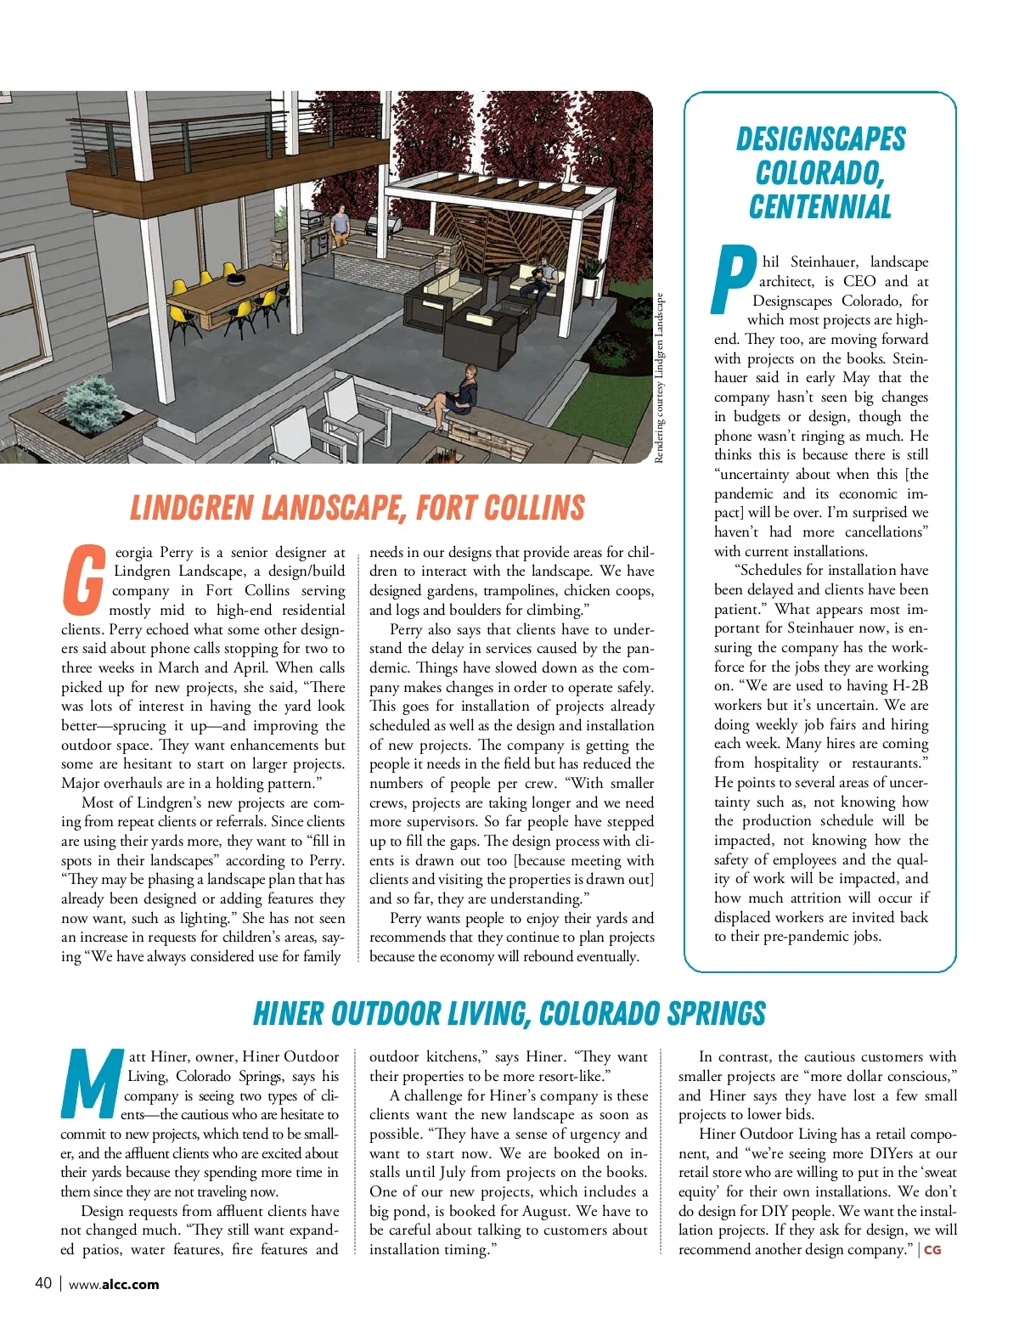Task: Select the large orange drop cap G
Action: (84, 580)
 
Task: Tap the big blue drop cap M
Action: (91, 1084)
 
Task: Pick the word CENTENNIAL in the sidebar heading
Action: (820, 207)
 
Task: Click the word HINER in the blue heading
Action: (289, 1013)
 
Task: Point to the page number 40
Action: (43, 1283)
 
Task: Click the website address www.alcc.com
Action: (114, 1284)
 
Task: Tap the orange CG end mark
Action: (932, 1250)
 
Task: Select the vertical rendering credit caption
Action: (660, 378)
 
